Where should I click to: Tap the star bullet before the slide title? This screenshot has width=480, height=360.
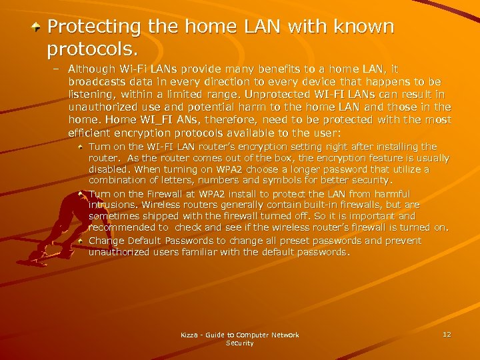(x=39, y=27)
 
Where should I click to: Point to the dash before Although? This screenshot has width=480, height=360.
(x=57, y=69)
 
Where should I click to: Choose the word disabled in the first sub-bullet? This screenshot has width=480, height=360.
(x=109, y=169)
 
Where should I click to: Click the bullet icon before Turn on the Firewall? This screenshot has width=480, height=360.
(x=81, y=193)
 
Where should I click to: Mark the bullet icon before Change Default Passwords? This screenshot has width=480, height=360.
(x=81, y=240)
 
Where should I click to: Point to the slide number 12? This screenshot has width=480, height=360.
(x=447, y=334)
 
